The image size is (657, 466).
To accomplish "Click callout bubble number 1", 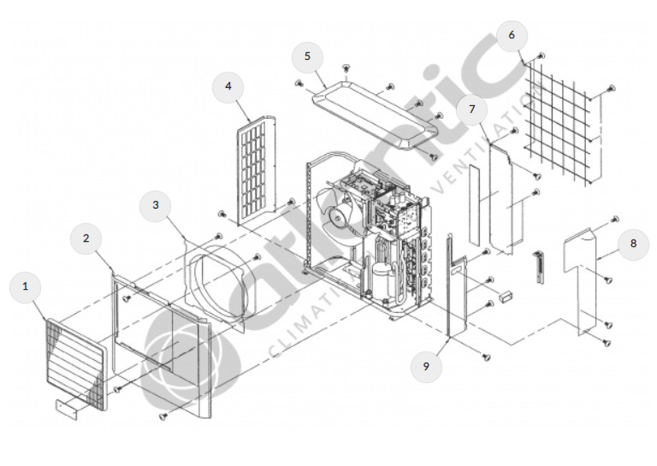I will [x=26, y=288].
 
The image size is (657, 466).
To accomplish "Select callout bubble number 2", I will [x=86, y=239].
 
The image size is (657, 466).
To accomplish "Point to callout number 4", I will [x=228, y=87].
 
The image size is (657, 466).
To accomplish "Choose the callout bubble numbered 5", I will [x=307, y=57].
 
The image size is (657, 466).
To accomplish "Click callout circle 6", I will [x=512, y=35].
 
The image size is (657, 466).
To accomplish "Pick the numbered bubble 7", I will [x=471, y=109].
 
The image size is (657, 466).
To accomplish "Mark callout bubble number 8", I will [x=633, y=244].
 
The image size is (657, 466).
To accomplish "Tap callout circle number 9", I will [x=426, y=366].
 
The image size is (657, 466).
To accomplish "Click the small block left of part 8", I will [x=504, y=295].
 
